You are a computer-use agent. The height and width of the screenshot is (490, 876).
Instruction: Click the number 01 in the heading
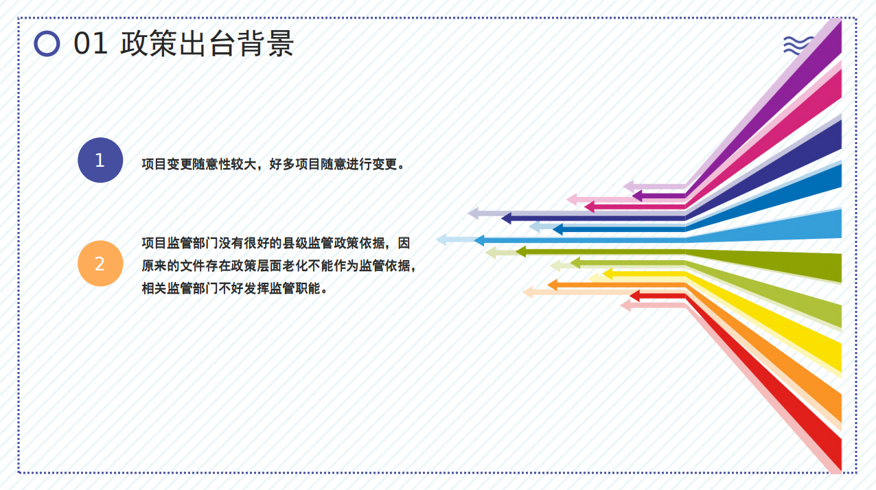[91, 43]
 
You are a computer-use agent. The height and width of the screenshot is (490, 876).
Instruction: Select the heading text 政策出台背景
[207, 43]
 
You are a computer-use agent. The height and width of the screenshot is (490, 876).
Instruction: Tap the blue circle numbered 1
[100, 160]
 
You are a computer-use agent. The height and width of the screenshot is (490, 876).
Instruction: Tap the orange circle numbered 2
[100, 263]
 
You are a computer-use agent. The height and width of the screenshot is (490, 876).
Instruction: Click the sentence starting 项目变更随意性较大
[273, 164]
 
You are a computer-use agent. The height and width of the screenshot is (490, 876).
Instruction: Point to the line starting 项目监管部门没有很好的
[276, 243]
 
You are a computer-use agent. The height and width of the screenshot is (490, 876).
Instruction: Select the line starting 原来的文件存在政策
[279, 266]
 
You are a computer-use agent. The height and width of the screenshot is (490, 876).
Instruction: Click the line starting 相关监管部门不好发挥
[234, 289]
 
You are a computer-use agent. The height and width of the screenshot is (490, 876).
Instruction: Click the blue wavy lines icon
[798, 45]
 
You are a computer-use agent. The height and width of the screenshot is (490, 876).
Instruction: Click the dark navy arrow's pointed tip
[501, 218]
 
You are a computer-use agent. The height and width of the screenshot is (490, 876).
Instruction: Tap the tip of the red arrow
[630, 296]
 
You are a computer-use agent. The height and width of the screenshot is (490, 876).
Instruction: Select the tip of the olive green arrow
[516, 251]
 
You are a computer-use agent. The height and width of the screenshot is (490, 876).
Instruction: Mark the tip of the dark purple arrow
[632, 196]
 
